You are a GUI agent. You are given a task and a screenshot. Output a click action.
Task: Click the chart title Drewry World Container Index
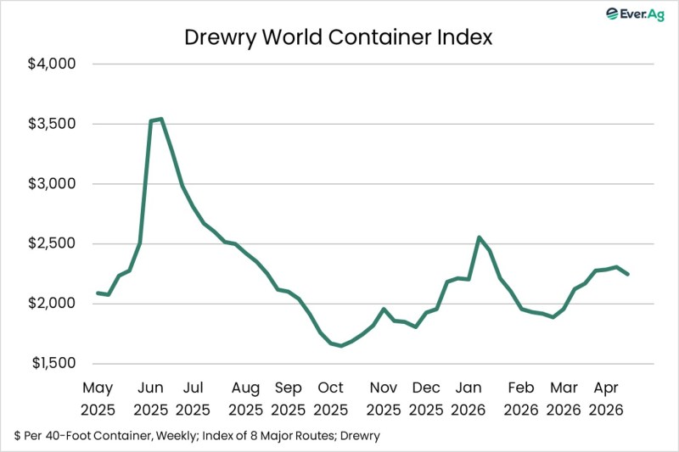(x=339, y=38)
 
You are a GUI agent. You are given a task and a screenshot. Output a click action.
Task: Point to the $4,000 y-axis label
(x=53, y=64)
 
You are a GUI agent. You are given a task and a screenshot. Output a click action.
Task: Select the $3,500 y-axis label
(x=53, y=124)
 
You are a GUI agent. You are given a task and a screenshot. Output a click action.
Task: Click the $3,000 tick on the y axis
(x=53, y=184)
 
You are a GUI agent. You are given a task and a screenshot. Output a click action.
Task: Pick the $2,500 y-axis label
(x=53, y=244)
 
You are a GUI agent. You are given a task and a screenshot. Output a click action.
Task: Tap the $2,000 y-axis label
(x=53, y=304)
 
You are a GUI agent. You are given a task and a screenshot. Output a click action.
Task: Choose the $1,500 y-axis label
(x=53, y=364)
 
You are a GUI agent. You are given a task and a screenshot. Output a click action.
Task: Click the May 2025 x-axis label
(x=98, y=398)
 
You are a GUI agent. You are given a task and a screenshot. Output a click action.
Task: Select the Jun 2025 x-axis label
(x=151, y=398)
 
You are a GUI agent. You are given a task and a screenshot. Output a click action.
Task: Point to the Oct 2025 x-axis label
(x=330, y=398)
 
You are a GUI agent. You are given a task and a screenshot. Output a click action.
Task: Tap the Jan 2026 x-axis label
(x=469, y=398)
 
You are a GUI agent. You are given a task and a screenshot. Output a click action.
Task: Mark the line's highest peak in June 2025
(x=160, y=119)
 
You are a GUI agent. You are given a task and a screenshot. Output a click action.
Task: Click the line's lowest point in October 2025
(x=341, y=346)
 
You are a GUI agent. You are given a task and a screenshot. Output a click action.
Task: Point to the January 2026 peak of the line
(x=479, y=237)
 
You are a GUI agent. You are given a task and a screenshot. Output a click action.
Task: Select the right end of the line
(x=627, y=274)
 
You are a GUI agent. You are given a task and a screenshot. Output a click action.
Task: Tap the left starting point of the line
(x=98, y=293)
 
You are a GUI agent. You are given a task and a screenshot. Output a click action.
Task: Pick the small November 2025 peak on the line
(x=384, y=309)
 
